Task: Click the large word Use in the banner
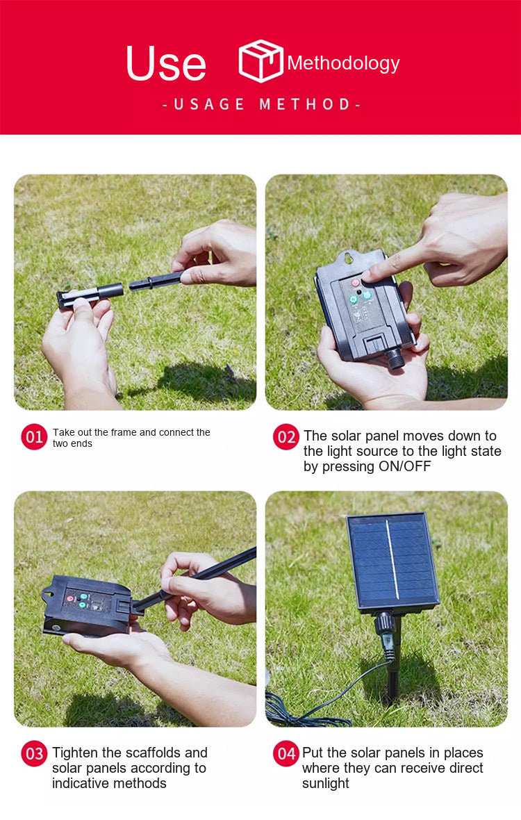point(166,63)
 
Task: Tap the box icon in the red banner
point(260,60)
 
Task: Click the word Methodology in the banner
point(343,63)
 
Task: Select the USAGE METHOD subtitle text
point(261,104)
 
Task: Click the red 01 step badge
point(34,436)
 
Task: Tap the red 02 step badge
point(286,436)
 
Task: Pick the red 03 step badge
point(34,753)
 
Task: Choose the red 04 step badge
point(286,753)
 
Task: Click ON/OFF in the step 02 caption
point(405,466)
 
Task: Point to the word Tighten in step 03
point(75,753)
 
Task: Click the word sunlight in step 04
point(326,783)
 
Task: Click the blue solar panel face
point(393,559)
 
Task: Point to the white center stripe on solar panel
point(392,559)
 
